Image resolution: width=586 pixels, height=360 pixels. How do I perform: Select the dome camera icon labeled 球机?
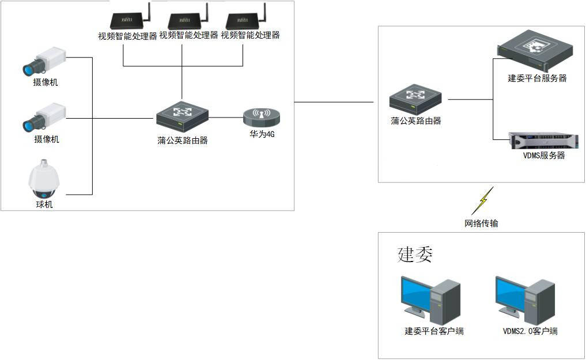click(44, 179)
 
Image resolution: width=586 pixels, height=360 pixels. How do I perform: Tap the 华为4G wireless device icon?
click(261, 117)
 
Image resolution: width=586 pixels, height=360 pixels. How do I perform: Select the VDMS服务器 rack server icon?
click(542, 141)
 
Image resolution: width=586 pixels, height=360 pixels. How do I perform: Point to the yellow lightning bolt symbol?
click(482, 200)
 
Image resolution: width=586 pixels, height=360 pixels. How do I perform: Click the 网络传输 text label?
click(481, 223)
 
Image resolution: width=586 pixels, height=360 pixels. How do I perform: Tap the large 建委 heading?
click(415, 254)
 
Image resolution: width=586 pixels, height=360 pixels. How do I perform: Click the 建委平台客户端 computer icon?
click(430, 298)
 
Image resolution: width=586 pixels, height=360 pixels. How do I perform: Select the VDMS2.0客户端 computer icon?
click(525, 298)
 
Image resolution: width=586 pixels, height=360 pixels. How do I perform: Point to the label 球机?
click(44, 204)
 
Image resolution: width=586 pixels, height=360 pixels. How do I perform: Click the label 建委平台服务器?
click(537, 78)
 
